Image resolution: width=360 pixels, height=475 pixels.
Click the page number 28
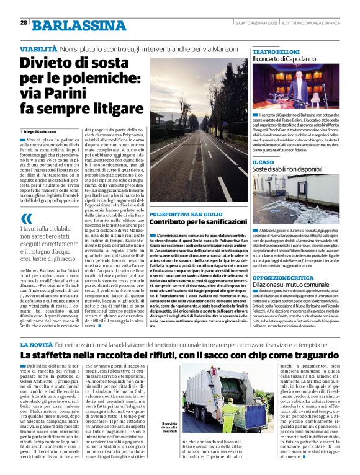(x=23, y=22)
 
